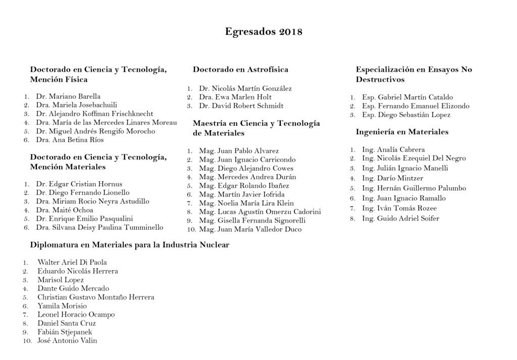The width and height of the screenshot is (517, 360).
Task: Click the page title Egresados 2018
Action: coord(264,32)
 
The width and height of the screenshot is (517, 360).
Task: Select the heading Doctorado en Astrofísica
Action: coord(240,70)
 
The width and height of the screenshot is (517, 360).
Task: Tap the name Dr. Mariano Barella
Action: coord(68,96)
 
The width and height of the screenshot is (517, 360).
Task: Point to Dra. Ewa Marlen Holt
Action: coord(235,97)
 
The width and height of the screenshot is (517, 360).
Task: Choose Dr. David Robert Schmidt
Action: coord(241,106)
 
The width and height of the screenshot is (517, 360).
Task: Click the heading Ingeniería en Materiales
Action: coord(402,132)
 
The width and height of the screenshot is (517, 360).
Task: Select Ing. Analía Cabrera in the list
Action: coord(393,150)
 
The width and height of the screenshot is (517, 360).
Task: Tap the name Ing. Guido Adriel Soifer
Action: coord(400,219)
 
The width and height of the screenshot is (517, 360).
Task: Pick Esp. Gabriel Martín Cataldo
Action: coord(407,97)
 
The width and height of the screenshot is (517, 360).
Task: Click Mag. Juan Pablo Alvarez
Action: coord(239,151)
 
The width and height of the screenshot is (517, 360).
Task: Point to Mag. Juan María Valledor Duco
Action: coord(250,230)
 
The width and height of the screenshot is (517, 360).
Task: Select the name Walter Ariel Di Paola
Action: coord(72,263)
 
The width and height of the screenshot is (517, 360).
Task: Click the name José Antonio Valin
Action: coord(67,341)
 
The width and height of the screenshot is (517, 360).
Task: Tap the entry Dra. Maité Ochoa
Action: coord(65,210)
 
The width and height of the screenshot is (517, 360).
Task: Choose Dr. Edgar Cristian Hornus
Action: coord(79,184)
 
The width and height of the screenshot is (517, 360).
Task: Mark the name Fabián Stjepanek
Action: coord(65,332)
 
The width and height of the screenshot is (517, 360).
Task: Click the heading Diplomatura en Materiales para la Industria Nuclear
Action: coord(130,245)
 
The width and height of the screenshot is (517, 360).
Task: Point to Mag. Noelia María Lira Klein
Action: coord(246,203)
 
